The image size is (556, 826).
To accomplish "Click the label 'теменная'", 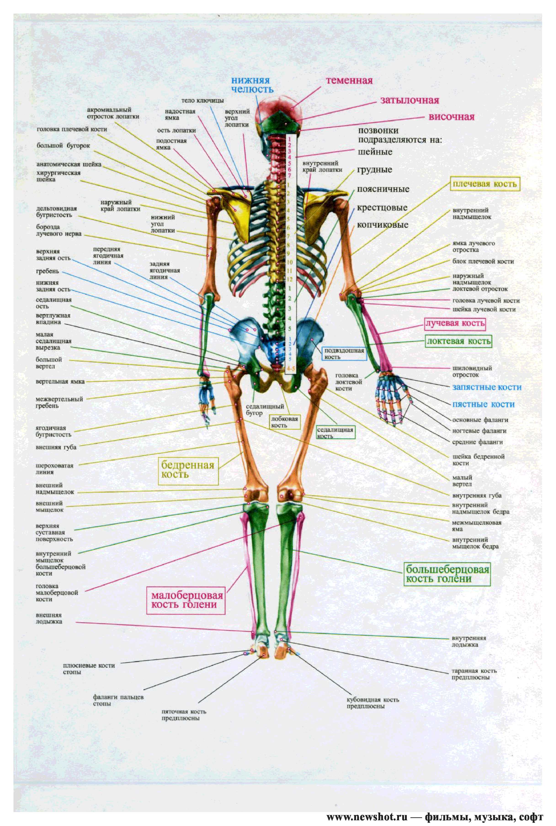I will click(x=349, y=80).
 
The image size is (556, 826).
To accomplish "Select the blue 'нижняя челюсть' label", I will click(x=252, y=85).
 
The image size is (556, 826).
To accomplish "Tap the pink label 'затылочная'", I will click(x=410, y=100).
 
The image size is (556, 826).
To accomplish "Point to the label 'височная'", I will click(x=451, y=117).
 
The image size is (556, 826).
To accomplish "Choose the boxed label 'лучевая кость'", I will click(x=455, y=323).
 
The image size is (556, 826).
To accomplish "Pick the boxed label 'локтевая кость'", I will click(x=458, y=341).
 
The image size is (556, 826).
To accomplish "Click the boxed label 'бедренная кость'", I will click(x=188, y=470).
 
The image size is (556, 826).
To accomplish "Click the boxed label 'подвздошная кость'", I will click(x=344, y=354).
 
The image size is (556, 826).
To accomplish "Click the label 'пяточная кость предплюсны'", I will click(x=184, y=715).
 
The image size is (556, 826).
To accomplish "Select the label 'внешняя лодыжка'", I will click(x=49, y=618).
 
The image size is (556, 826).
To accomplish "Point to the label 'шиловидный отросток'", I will click(x=472, y=371).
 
